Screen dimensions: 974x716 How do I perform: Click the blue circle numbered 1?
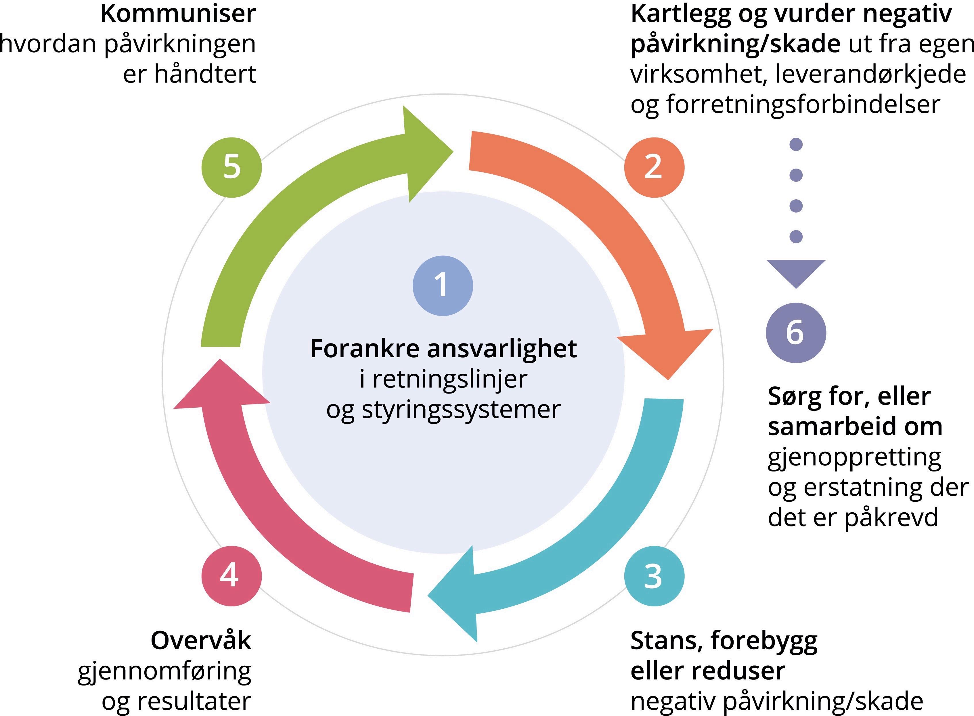click(442, 286)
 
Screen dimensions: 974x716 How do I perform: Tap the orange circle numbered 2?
click(654, 167)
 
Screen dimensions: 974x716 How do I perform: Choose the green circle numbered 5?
click(232, 167)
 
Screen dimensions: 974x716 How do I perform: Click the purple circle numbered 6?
click(796, 333)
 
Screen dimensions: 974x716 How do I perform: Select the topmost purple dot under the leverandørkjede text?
click(796, 144)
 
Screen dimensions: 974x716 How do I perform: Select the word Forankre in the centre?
click(366, 349)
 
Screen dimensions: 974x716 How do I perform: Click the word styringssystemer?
click(461, 410)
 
